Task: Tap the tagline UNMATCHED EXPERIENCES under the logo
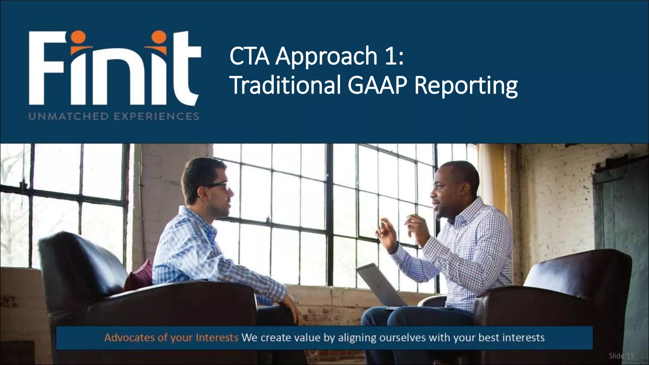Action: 114,116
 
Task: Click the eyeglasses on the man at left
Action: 219,187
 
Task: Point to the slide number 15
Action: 630,356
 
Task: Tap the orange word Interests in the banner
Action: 217,337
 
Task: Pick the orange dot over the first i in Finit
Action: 78,37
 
